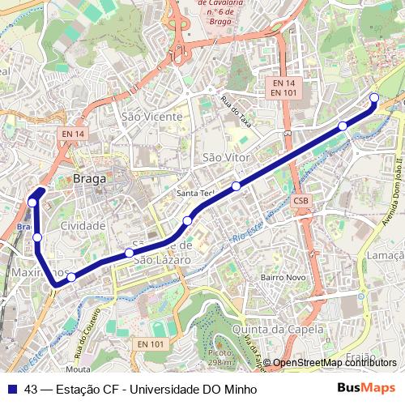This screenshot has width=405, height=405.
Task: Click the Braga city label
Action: [90, 179]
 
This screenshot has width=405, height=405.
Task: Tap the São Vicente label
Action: [151, 117]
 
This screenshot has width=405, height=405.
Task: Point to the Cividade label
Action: [83, 225]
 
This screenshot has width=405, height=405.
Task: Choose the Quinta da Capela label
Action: [277, 330]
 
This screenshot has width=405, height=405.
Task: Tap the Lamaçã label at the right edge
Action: [385, 255]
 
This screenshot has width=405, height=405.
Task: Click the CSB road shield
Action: [301, 201]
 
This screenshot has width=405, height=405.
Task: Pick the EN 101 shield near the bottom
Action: [151, 344]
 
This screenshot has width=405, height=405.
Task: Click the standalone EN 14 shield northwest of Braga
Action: [72, 134]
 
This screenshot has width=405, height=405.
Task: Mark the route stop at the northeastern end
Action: [374, 98]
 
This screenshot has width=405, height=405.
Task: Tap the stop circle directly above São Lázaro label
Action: [129, 254]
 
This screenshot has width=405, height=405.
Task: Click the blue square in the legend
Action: [11, 388]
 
